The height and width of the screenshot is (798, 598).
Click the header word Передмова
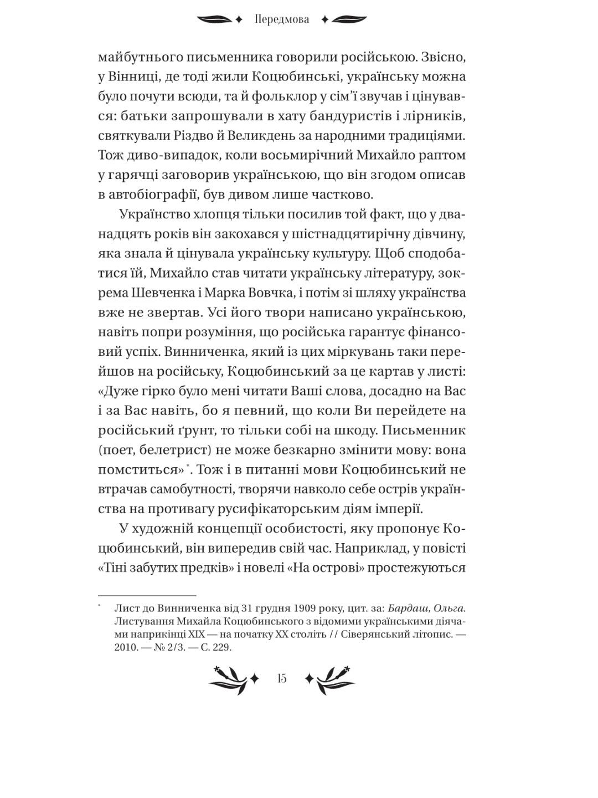click(282, 20)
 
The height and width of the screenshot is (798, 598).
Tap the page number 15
click(282, 678)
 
